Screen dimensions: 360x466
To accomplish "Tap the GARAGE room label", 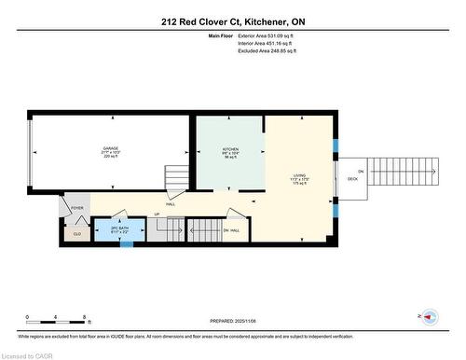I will pyautogui.click(x=111, y=148).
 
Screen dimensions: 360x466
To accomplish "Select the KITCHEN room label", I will pyautogui.click(x=229, y=149).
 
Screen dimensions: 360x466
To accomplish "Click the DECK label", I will pyautogui.click(x=353, y=178).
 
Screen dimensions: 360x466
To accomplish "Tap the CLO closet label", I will pyautogui.click(x=76, y=235).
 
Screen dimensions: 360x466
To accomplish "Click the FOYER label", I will pyautogui.click(x=76, y=209).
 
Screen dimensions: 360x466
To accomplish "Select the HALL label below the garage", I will pyautogui.click(x=171, y=204).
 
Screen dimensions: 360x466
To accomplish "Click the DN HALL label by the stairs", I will pyautogui.click(x=232, y=229).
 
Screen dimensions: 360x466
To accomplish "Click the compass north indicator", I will pyautogui.click(x=430, y=317).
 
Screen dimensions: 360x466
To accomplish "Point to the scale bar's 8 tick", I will pyautogui.click(x=86, y=318).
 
